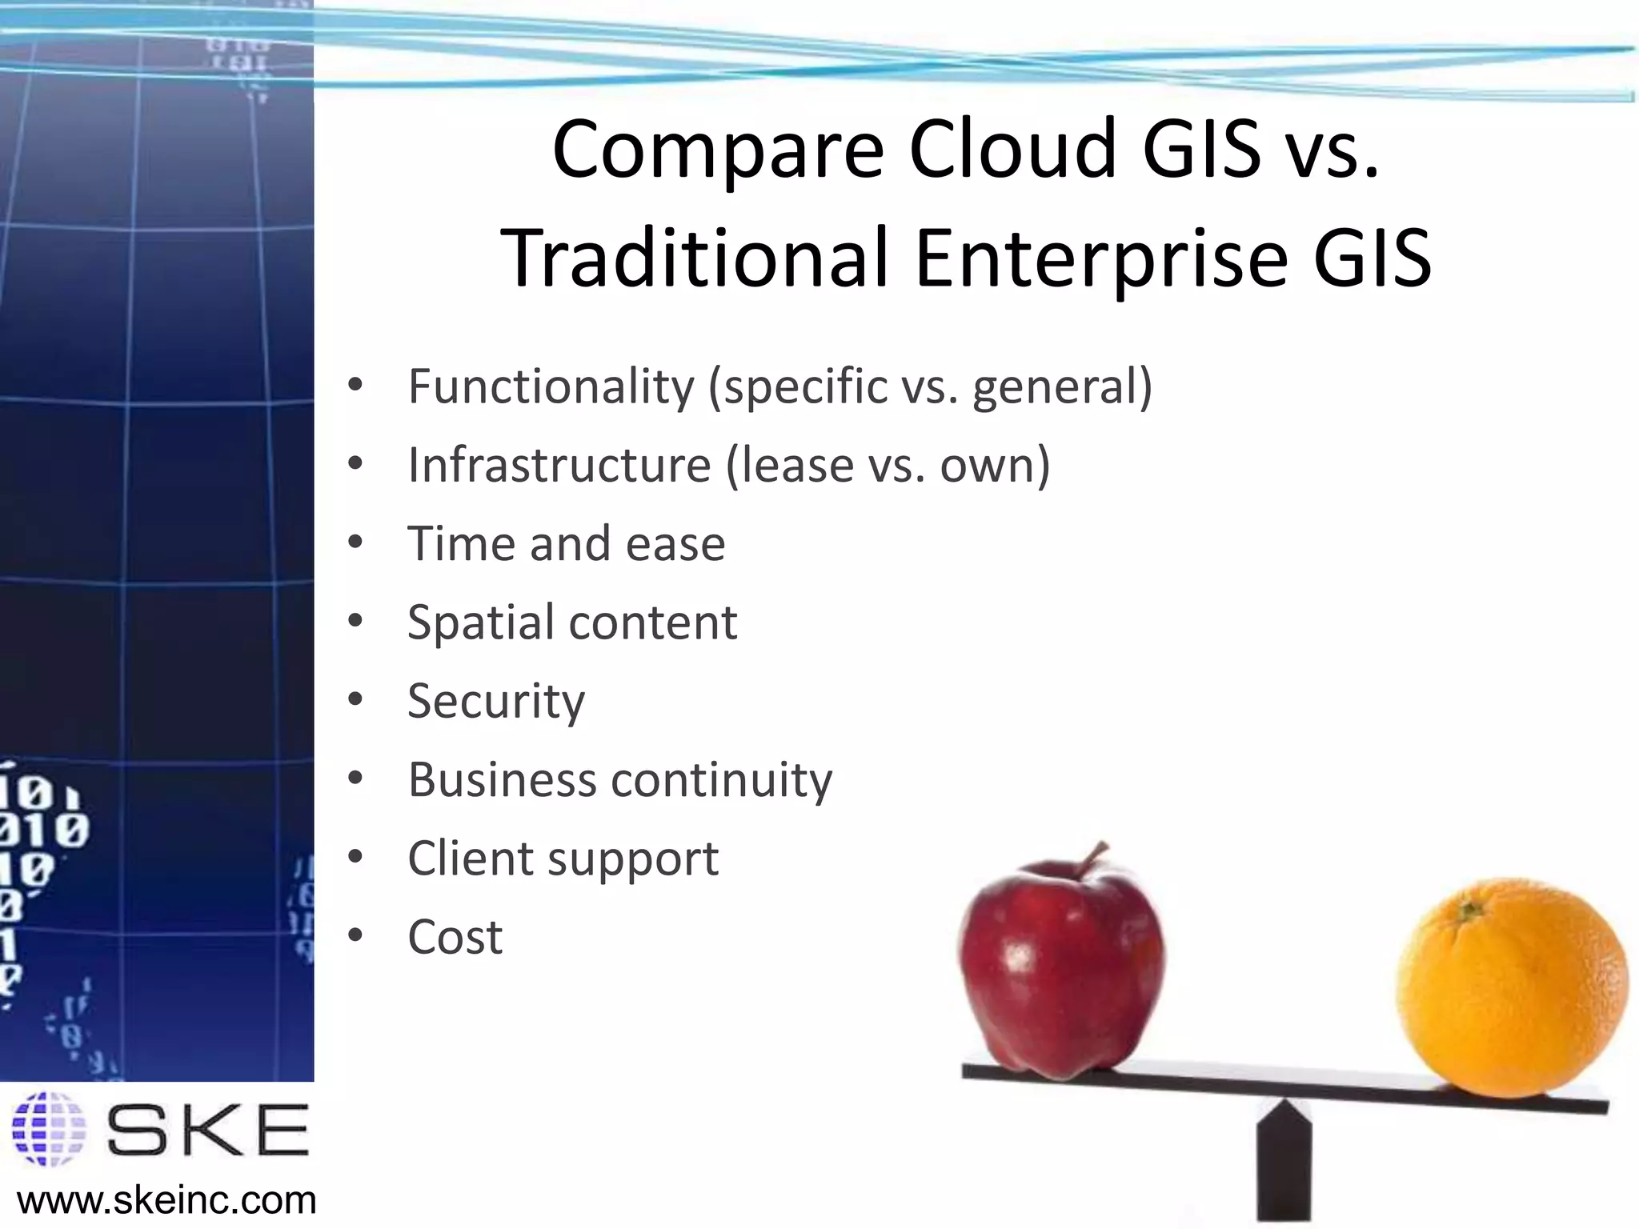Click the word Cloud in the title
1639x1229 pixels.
tap(1012, 150)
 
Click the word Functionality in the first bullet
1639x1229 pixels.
tap(551, 386)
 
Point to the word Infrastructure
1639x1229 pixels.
tap(559, 465)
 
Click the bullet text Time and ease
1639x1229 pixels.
tap(566, 544)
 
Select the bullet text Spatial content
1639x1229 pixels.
tap(571, 623)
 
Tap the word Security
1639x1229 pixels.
tap(496, 701)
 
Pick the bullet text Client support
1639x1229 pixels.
tap(563, 859)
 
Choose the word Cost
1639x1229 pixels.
tap(455, 937)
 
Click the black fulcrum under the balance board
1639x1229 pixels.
tap(1284, 1160)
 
